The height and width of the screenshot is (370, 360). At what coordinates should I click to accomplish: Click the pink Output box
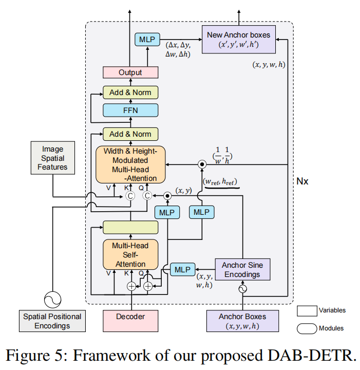tap(130, 72)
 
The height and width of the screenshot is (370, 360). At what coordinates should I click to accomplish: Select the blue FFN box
tap(130, 110)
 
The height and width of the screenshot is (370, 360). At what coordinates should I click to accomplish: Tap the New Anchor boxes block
tap(239, 40)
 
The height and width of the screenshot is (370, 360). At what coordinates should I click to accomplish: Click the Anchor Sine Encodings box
tap(242, 269)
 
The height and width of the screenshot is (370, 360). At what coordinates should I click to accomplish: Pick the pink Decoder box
tap(130, 321)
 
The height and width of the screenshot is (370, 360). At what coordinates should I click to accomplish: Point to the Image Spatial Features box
tap(53, 158)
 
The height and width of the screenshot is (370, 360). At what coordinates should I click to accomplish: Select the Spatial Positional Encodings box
tap(52, 321)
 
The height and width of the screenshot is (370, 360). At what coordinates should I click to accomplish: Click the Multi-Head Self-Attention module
tap(130, 254)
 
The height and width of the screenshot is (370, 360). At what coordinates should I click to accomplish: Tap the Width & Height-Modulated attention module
tap(130, 164)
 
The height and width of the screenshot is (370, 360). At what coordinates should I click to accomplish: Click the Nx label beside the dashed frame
tap(302, 181)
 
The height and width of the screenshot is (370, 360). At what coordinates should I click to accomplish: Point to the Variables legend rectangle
tap(307, 311)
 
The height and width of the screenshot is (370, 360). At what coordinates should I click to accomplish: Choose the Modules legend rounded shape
tap(307, 328)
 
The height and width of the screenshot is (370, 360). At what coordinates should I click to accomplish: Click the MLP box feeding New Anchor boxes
tap(147, 40)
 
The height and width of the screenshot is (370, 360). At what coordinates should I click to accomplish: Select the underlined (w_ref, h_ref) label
tap(220, 182)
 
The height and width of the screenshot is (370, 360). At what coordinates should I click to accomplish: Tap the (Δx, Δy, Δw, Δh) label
tap(178, 49)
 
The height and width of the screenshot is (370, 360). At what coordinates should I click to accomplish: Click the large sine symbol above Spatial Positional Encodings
tap(52, 300)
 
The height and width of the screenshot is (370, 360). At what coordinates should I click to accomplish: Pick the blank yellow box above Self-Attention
tap(130, 228)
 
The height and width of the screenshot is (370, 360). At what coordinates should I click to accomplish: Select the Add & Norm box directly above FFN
tap(130, 92)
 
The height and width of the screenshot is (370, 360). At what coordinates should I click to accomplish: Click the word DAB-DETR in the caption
tap(312, 355)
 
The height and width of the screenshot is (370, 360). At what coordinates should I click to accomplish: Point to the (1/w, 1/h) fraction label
tap(222, 156)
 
